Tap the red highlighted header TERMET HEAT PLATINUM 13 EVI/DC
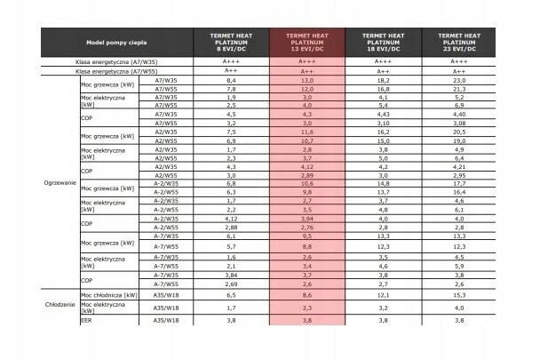(x=306, y=42)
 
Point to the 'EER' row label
(x=86, y=345)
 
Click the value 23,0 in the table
(x=459, y=80)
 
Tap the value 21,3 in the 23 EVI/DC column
(x=459, y=89)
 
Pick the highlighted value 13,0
(x=306, y=80)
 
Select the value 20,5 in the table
(x=459, y=132)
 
